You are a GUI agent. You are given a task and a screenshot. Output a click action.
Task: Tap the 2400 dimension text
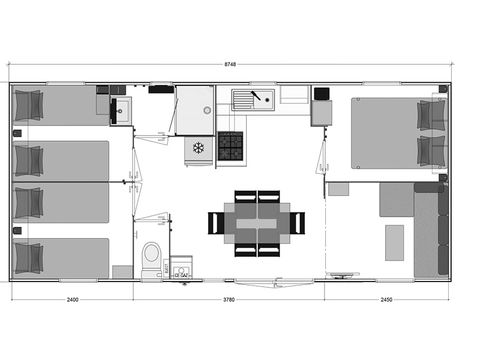(72, 299)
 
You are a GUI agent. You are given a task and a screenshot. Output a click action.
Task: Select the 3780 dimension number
(229, 299)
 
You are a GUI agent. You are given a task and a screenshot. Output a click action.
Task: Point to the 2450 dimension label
(387, 299)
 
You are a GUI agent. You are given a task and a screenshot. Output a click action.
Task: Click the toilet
(152, 257)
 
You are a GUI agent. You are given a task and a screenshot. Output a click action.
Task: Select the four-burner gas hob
(231, 146)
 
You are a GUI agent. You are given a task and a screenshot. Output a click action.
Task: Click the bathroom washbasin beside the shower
(122, 110)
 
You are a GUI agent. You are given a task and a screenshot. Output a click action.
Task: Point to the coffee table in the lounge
(395, 241)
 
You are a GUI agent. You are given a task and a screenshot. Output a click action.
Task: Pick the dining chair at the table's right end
(297, 222)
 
